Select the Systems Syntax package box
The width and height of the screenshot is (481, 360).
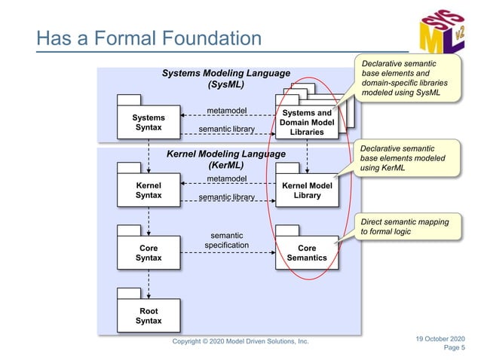[x=148, y=123]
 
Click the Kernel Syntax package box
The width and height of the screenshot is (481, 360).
[x=148, y=190]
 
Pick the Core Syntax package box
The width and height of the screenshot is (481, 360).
[x=148, y=252]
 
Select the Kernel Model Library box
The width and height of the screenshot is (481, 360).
[x=307, y=190]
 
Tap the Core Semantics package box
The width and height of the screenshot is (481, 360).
[x=307, y=252]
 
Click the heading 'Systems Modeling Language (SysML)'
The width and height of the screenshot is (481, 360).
[x=225, y=79]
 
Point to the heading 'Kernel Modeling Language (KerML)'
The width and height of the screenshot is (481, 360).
[x=225, y=159]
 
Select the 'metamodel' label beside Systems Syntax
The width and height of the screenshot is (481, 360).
[x=227, y=111]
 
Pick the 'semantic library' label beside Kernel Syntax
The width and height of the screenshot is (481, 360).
[x=227, y=197]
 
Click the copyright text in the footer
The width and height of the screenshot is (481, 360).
[x=240, y=341]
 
